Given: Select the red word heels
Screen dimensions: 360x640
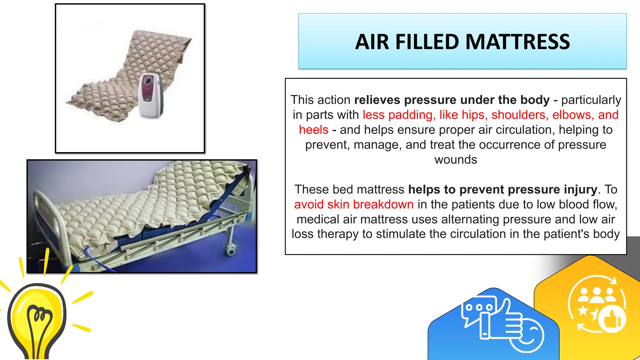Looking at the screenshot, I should pyautogui.click(x=313, y=130).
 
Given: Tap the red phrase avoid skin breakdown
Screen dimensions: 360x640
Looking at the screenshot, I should pyautogui.click(x=354, y=204).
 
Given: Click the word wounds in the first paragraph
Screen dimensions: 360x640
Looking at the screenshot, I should pyautogui.click(x=456, y=160).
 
